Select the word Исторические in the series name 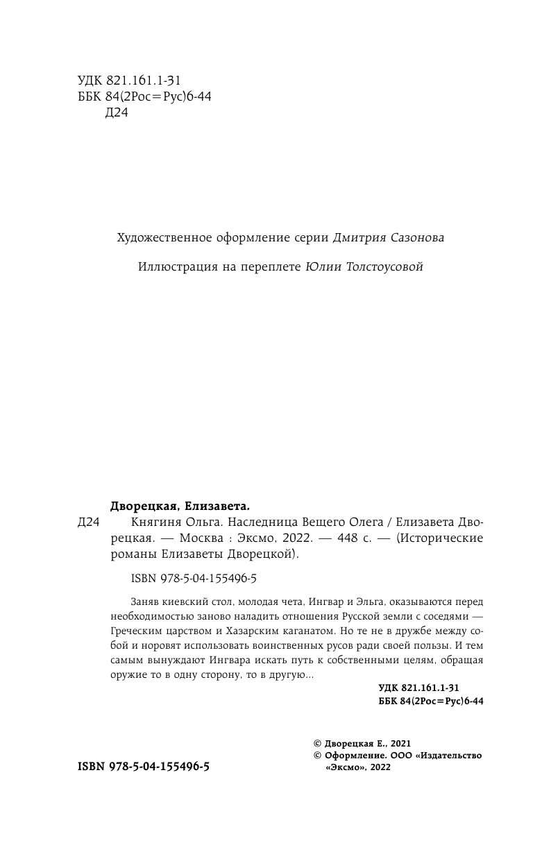coord(441,538)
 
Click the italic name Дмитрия coord(338,238)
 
